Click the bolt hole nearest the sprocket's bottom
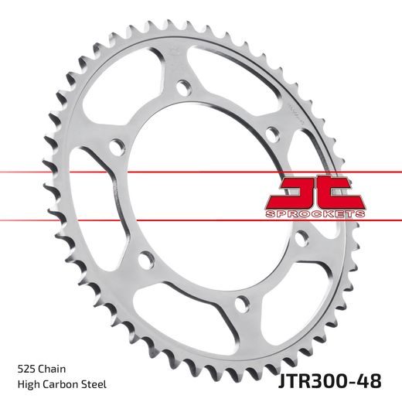coord(243,301)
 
